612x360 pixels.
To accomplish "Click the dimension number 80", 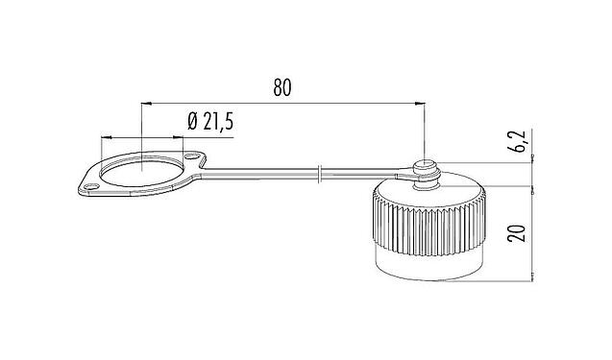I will click(x=281, y=87).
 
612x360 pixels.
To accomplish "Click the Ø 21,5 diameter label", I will click(x=211, y=121).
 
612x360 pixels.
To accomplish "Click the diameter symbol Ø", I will click(x=192, y=121).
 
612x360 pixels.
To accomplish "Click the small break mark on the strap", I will click(x=319, y=175).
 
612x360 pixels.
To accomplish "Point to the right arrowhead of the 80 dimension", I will click(x=421, y=101).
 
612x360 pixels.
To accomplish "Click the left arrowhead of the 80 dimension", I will click(x=144, y=101).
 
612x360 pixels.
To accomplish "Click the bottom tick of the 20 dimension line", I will click(x=531, y=279).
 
